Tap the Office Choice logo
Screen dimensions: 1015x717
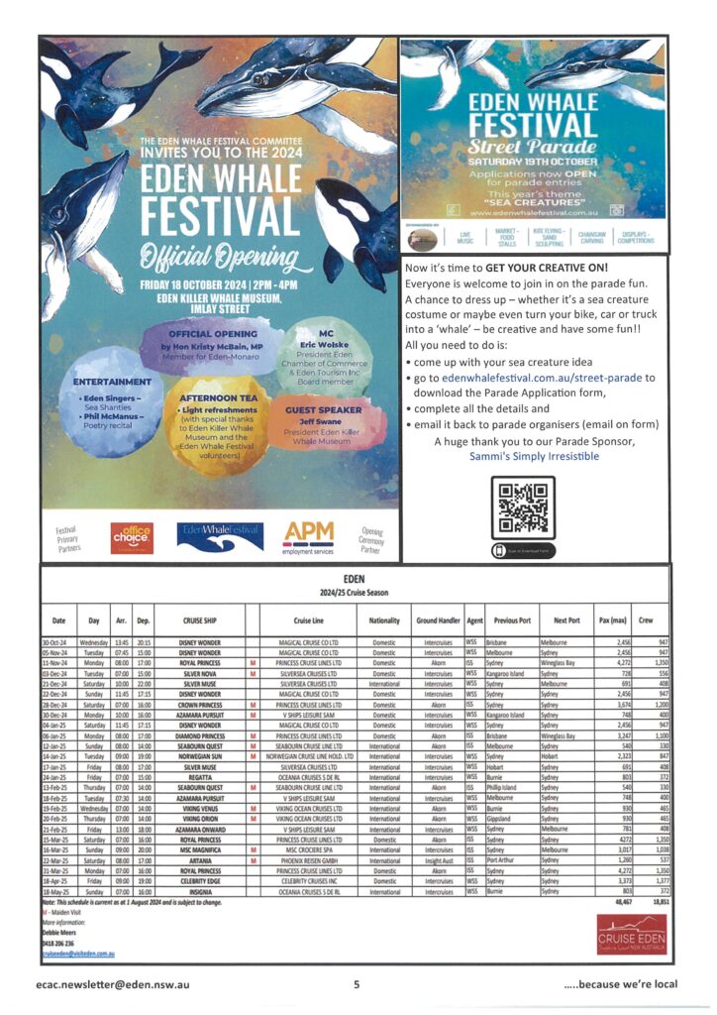click(132, 536)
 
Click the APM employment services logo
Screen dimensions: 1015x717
click(310, 536)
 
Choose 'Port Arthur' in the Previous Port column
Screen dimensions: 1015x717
click(505, 858)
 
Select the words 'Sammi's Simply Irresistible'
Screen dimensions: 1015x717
click(535, 456)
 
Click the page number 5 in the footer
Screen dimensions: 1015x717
click(357, 984)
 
